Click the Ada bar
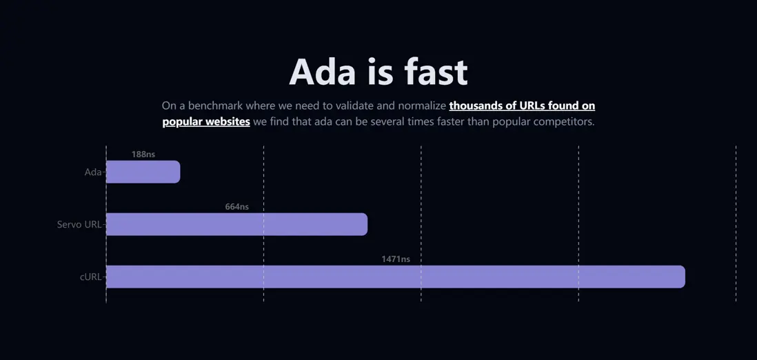coord(143,172)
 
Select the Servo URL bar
coord(236,224)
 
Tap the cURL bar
coord(396,277)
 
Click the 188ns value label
coord(143,154)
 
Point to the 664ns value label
coord(237,207)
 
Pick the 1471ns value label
coord(396,259)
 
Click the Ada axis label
coord(93,172)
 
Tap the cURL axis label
coord(91,277)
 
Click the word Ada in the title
coord(322,72)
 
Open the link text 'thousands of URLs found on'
coord(522,106)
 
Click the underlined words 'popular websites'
coord(206,122)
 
